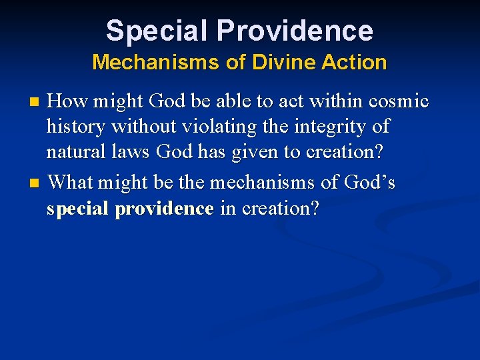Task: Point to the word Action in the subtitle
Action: tap(358, 62)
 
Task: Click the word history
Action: tap(74, 126)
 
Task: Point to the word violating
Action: tap(213, 126)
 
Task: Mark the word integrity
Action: tap(332, 126)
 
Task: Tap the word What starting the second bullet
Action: tap(71, 183)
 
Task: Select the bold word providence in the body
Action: tap(164, 209)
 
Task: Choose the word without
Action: tap(143, 126)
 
